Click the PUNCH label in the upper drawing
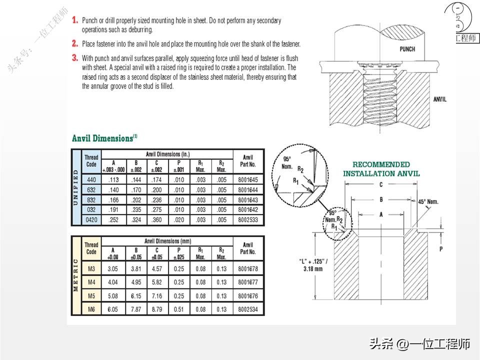pos(407,49)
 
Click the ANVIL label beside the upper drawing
pos(440,99)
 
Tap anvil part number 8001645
pos(248,179)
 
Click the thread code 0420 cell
pos(91,219)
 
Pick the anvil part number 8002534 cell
pos(248,309)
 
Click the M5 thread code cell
pos(91,296)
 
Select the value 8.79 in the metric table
pos(158,309)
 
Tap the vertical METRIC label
pos(76,275)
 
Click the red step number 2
pos(75,43)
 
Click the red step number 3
pos(75,57)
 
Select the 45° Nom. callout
pos(428,201)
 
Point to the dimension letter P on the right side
pos(441,248)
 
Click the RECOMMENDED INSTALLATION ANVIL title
pos(381,169)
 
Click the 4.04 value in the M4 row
pos(113,282)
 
